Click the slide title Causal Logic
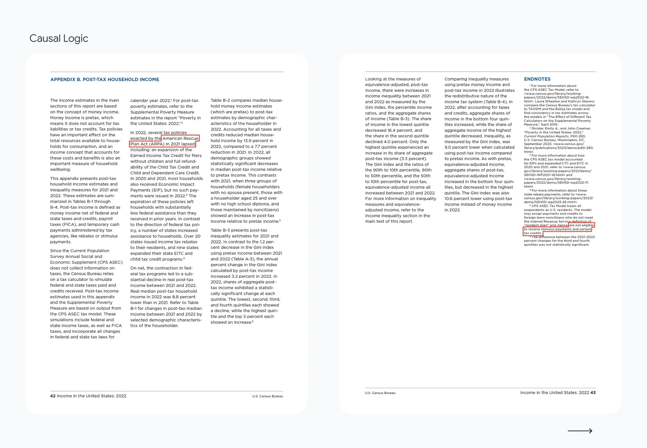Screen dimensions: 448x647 pos(59,38)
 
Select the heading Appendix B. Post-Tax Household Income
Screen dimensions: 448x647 pos(104,80)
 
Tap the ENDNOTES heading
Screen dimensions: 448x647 pos(537,79)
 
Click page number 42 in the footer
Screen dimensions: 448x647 pos(53,396)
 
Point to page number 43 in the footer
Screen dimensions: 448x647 pos(593,393)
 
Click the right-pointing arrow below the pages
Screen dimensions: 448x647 pos(580,431)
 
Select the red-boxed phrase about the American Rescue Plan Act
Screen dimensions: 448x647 pos(163,141)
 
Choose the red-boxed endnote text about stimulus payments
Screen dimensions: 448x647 pos(558,229)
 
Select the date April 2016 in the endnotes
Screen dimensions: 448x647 pos(548,125)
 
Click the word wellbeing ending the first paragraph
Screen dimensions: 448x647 pos(60,169)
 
